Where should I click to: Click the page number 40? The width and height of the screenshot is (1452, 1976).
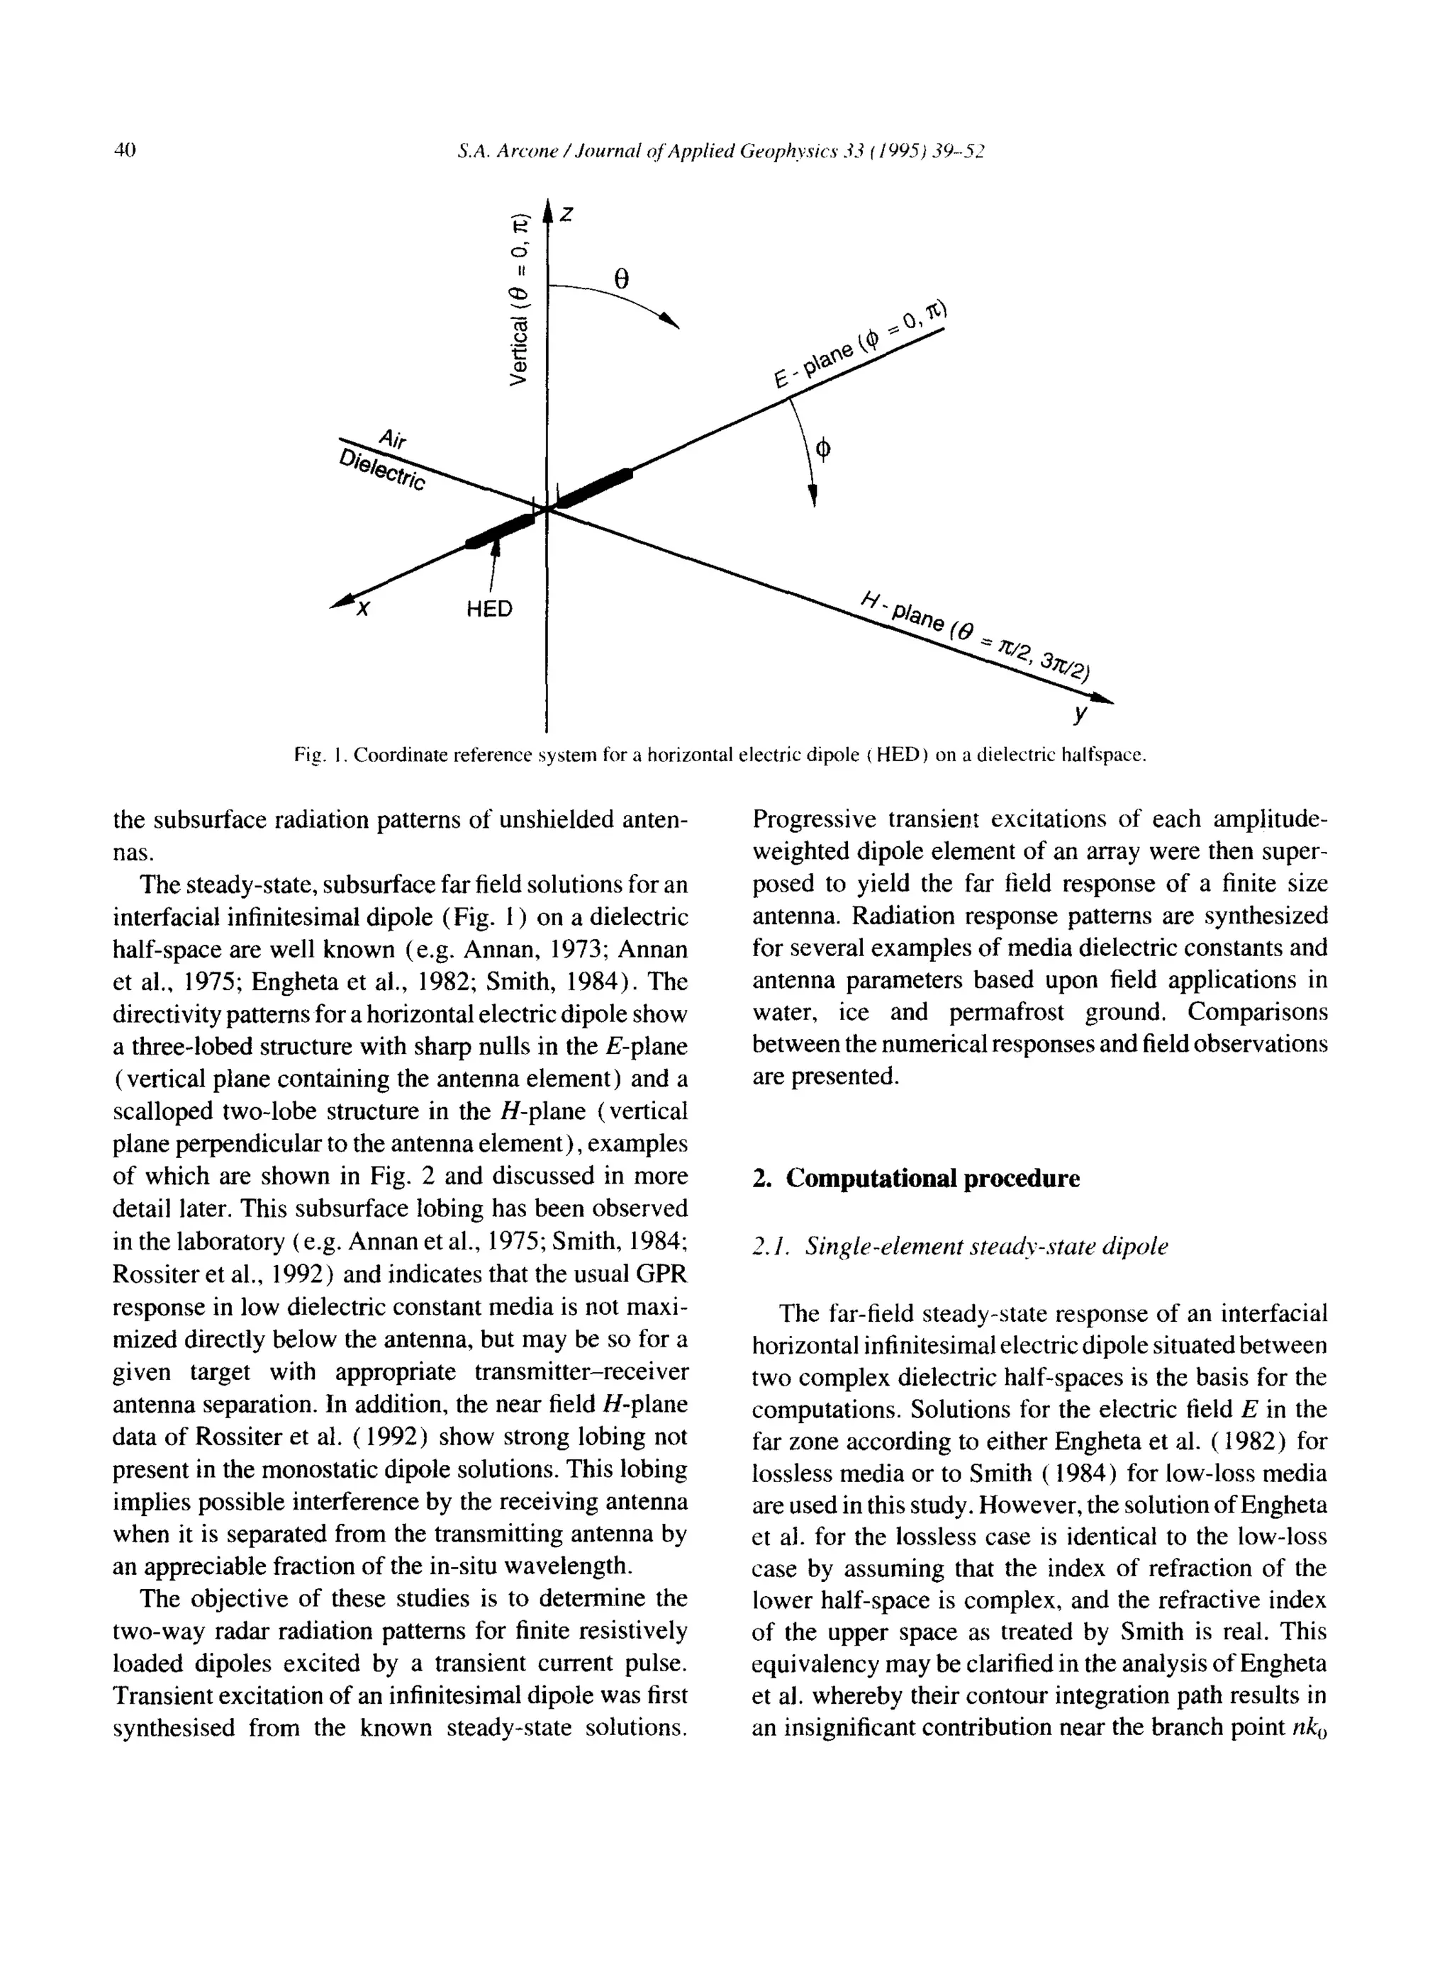pos(125,150)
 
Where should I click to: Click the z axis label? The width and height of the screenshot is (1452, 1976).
pos(568,214)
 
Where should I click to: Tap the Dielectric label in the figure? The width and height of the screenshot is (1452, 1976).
pos(382,472)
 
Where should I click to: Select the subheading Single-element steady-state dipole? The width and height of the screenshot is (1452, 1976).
pos(960,1246)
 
